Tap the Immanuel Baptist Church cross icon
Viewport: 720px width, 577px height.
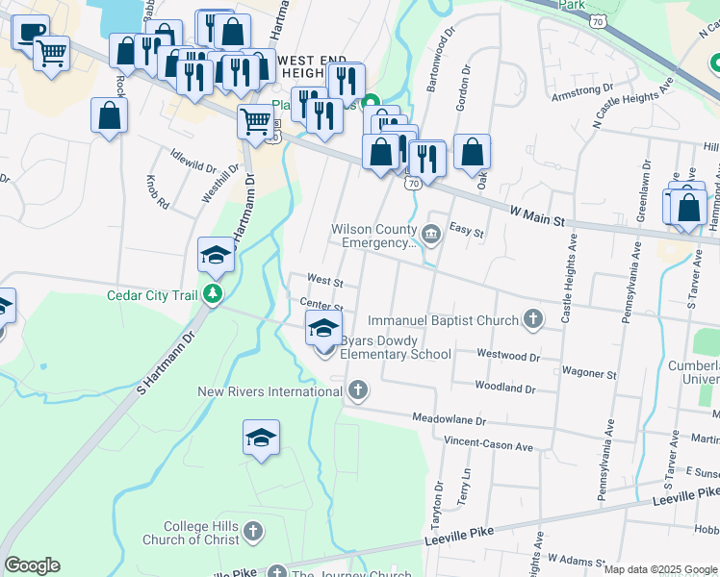point(534,319)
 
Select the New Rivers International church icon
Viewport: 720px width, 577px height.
point(357,390)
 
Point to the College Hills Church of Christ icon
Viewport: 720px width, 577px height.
point(252,531)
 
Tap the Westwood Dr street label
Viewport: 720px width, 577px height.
point(508,355)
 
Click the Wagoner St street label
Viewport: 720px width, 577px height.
point(589,373)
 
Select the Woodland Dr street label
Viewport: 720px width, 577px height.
point(504,387)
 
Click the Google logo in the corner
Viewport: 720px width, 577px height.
point(32,565)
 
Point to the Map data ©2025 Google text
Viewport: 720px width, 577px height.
point(659,569)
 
